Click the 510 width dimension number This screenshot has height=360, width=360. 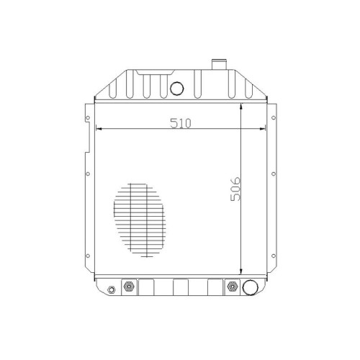pyautogui.click(x=181, y=123)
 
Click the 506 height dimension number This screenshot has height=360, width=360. pyautogui.click(x=235, y=189)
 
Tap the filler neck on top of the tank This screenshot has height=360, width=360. pyautogui.click(x=219, y=64)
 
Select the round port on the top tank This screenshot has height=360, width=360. pyautogui.click(x=177, y=89)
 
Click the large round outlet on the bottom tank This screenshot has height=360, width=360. pyautogui.click(x=250, y=287)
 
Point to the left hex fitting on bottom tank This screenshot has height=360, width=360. pyautogui.click(x=129, y=287)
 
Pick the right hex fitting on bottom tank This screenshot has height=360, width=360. pyautogui.click(x=232, y=287)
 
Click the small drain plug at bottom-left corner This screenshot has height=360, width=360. pyautogui.click(x=111, y=289)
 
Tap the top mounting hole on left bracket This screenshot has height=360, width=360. pyautogui.click(x=88, y=118)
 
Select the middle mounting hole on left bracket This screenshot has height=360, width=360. pyautogui.click(x=88, y=174)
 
